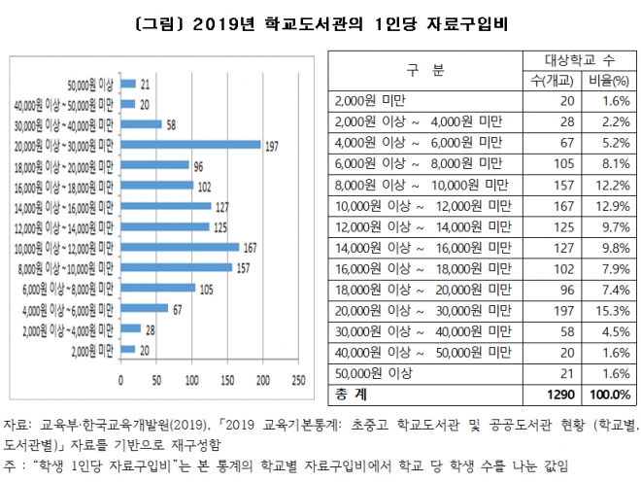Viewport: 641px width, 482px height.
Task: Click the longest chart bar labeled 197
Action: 190,145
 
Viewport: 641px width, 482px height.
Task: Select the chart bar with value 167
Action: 180,247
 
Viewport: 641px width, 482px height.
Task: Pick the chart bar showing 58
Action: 141,124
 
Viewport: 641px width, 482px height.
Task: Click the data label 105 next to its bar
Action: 205,289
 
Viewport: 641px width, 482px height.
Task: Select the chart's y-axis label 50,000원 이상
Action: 89,85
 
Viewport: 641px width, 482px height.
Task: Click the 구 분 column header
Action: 423,70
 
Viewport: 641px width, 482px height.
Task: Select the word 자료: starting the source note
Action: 19,425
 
